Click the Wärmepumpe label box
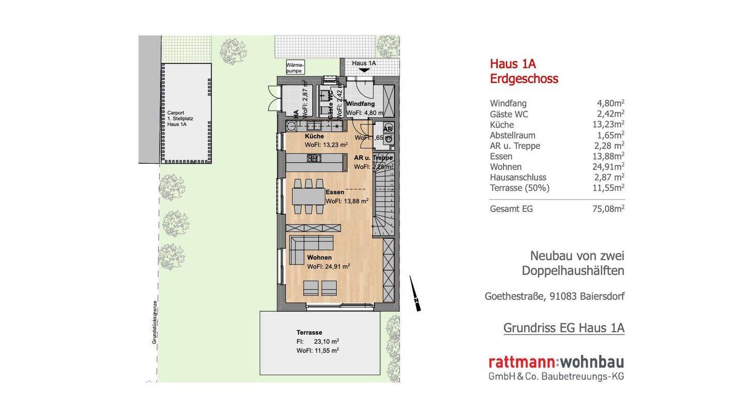tap(294, 67)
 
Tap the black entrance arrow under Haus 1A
tap(364, 70)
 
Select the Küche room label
tap(314, 136)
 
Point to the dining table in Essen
tap(308, 196)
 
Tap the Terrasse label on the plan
tap(309, 333)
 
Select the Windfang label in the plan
tap(360, 104)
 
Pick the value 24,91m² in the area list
tap(608, 166)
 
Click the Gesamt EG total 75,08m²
tap(608, 209)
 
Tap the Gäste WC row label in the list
tap(509, 114)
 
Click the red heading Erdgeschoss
tap(524, 79)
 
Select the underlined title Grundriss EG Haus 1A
tap(563, 328)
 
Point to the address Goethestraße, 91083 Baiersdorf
tap(554, 297)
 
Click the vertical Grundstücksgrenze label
tap(155, 322)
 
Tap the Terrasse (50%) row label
tap(519, 188)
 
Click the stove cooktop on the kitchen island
tap(314, 158)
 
